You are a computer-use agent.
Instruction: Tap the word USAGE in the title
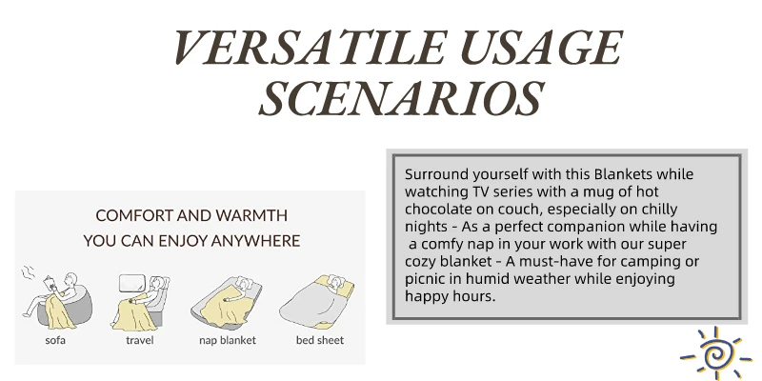point(542,48)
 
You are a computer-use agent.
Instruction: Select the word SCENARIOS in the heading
point(401,98)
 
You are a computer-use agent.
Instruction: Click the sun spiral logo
point(715,353)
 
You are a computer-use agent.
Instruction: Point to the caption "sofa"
point(55,340)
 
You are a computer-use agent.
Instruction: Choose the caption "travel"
point(139,340)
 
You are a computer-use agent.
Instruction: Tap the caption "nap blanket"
point(228,340)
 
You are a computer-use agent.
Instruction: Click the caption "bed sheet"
point(320,340)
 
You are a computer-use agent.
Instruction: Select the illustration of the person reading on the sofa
point(56,299)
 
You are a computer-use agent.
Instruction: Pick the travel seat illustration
point(140,301)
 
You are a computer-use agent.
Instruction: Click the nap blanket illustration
point(227,302)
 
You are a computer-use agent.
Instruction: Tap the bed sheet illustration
point(317,301)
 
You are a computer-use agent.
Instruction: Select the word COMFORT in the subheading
point(133,216)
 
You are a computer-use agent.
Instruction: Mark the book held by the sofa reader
point(50,284)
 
